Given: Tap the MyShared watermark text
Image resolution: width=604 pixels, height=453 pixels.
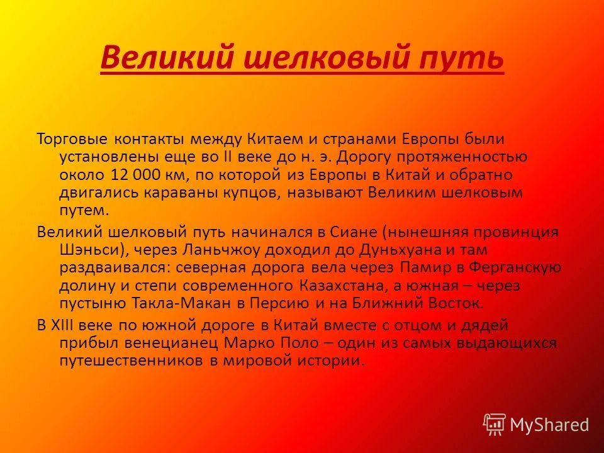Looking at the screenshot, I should click(x=550, y=425).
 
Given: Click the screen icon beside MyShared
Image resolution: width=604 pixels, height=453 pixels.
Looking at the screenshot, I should click(x=495, y=425).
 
